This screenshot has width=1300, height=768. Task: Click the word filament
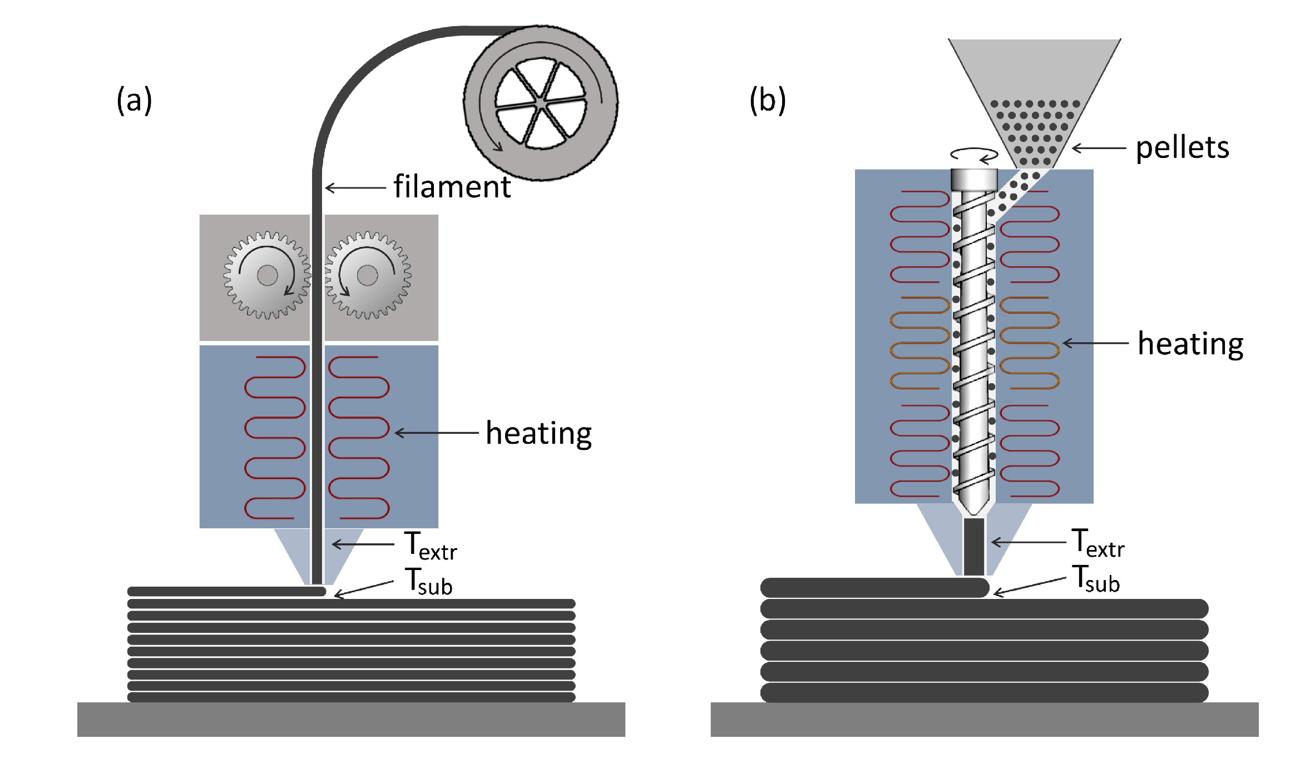[452, 187]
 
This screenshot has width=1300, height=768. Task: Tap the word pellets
[1182, 148]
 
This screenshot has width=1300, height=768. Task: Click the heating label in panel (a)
[538, 433]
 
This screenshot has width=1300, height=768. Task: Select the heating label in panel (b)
[1190, 344]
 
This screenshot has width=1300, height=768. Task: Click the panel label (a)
[134, 101]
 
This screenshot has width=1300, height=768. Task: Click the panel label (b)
[767, 101]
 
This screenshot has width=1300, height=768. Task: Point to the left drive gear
[267, 275]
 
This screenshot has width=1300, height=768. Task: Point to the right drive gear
[367, 275]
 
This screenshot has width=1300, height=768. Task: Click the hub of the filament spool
[541, 103]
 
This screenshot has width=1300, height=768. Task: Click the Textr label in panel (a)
[430, 546]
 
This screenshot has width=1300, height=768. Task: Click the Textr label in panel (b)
[1098, 543]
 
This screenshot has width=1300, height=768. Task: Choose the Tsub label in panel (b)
[1095, 579]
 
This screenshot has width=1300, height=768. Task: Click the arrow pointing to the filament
[355, 188]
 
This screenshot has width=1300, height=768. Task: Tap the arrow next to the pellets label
[1099, 148]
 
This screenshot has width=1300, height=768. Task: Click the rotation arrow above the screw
[973, 155]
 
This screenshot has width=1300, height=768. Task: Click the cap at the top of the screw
[973, 180]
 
